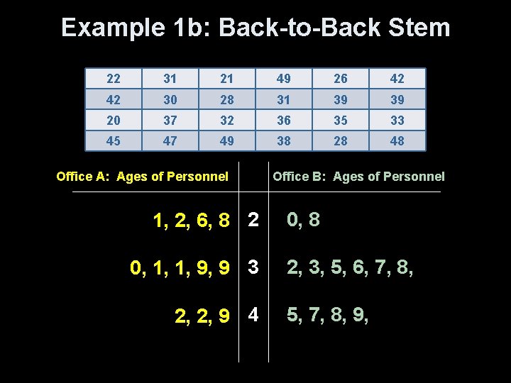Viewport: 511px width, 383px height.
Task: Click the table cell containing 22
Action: click(x=114, y=78)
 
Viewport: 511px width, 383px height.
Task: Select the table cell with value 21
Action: click(x=227, y=78)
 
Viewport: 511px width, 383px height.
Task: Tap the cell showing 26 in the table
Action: click(x=341, y=78)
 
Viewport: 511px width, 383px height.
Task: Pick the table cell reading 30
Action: click(x=170, y=99)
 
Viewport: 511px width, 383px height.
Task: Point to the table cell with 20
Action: click(x=114, y=120)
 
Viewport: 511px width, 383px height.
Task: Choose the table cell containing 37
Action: click(x=170, y=120)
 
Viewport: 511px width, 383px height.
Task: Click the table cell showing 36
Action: click(x=284, y=120)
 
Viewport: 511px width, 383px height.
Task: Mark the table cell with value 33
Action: click(x=397, y=120)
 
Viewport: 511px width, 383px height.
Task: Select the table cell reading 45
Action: click(x=114, y=140)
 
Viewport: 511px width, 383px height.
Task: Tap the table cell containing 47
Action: click(x=170, y=140)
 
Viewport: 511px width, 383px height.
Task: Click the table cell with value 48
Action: click(x=397, y=140)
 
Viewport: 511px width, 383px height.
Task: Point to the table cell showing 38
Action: click(x=284, y=140)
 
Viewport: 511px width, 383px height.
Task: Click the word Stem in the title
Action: click(x=420, y=28)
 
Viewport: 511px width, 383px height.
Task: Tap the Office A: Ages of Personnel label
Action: click(x=142, y=177)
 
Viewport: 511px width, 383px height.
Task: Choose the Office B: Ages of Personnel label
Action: click(x=358, y=177)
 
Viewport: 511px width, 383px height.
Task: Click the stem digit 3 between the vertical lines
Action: click(x=253, y=267)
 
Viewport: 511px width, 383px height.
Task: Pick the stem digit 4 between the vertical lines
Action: click(x=253, y=314)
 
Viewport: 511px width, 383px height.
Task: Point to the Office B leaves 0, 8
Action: click(x=303, y=220)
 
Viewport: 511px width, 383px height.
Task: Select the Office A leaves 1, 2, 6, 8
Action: click(x=192, y=221)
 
